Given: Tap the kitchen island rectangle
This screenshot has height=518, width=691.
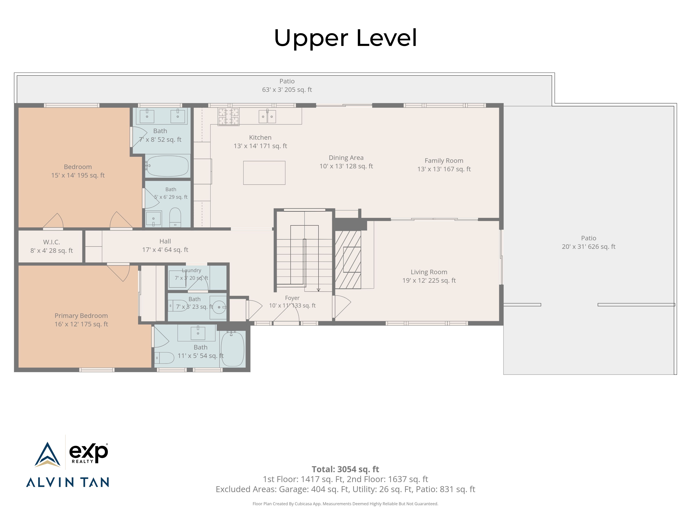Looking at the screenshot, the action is tap(264, 173).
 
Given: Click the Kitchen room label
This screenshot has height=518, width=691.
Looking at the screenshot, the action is tap(260, 137).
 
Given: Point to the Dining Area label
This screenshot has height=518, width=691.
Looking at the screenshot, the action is tap(346, 158).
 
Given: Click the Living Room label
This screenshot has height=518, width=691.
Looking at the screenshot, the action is tap(429, 272).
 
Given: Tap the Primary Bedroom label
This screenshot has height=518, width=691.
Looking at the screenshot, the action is tap(81, 316).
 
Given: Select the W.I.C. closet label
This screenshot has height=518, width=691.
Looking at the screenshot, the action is tap(52, 242).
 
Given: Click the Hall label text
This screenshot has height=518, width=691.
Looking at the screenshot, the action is tap(165, 241).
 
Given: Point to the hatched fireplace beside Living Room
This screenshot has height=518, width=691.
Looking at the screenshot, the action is tap(348, 259).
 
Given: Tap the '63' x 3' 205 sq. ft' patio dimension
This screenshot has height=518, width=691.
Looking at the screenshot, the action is tap(287, 90).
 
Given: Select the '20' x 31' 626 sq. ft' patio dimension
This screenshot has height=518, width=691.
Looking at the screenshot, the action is tap(589, 247).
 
